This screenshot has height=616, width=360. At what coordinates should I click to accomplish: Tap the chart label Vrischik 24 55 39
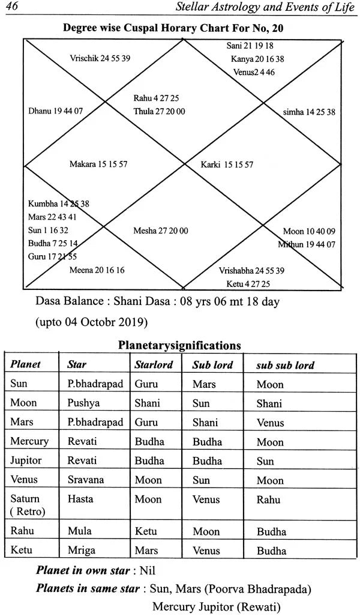coord(100,58)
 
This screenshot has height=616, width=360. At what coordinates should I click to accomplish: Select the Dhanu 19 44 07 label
coord(55,111)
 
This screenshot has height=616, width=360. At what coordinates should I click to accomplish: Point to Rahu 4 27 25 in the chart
coord(156,98)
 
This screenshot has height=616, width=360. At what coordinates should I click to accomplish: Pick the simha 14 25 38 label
coord(309,112)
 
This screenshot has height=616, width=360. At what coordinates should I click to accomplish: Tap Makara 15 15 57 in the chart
coord(98,164)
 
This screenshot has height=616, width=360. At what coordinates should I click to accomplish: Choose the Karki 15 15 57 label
coord(227,164)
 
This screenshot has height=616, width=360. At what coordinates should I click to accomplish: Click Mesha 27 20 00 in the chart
coord(160,231)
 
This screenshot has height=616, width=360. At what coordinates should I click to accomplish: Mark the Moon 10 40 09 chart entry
coord(309,231)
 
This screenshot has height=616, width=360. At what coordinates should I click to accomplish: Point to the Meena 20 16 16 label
coord(97,270)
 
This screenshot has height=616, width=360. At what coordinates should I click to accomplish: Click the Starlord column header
coord(154,364)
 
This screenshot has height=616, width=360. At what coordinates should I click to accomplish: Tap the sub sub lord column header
coord(285,365)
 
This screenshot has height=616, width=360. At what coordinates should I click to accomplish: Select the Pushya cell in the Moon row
coord(82,403)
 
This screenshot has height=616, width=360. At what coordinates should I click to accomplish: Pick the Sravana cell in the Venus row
coord(86,480)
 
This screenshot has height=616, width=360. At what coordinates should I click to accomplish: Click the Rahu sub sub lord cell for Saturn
coord(268,500)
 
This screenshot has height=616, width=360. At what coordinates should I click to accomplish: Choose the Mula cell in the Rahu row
coord(78,531)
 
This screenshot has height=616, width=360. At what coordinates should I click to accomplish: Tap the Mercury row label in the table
coord(29,441)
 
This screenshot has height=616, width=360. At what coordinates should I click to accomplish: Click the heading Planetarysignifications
coord(179,345)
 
